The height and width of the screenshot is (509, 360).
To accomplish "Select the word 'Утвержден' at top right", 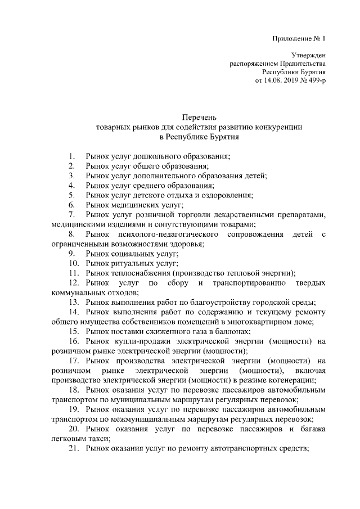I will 309,56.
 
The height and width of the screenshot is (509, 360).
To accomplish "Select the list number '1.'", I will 71,156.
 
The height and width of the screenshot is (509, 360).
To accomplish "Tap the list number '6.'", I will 71,205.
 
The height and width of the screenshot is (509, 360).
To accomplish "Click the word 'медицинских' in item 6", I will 133,205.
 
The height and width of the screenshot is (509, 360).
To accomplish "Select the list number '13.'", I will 73,303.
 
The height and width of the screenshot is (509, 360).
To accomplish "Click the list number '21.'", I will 73,448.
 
